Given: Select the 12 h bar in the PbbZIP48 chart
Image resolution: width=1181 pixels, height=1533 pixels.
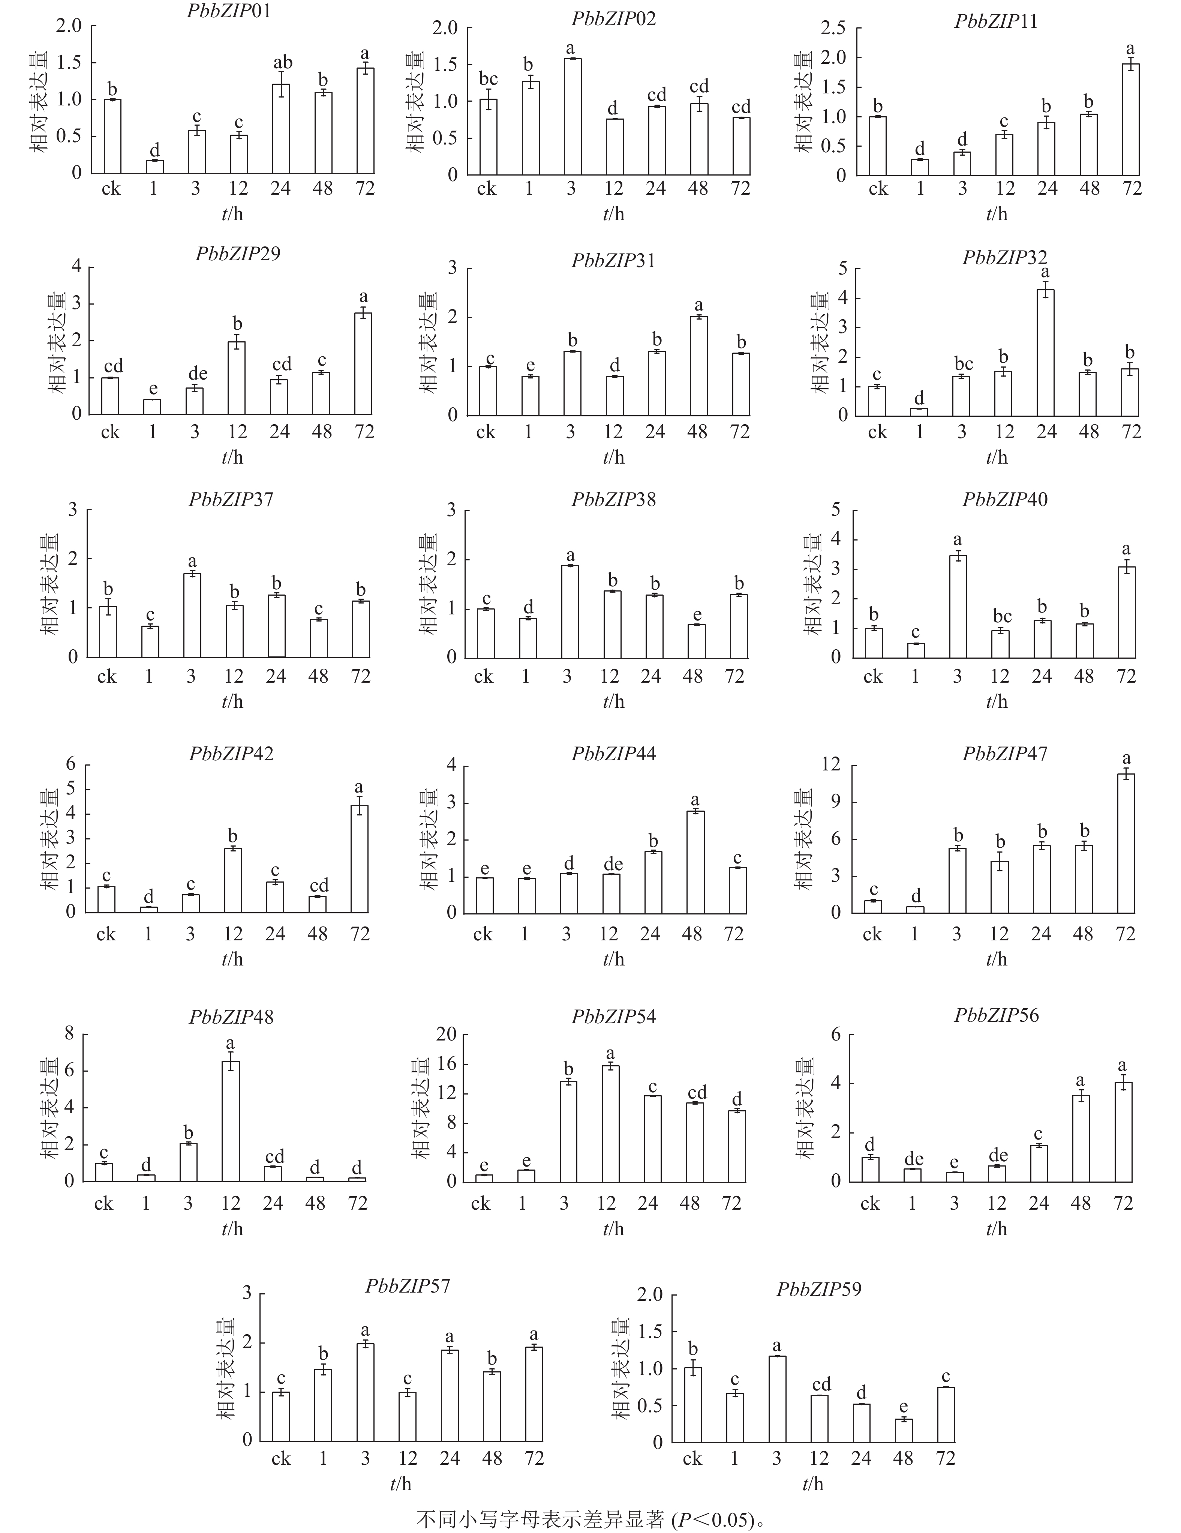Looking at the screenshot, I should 230,1121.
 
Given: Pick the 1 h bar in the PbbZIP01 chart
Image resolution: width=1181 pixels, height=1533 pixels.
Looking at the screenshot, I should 154,167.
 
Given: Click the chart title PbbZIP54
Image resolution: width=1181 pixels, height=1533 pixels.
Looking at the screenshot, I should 613,1017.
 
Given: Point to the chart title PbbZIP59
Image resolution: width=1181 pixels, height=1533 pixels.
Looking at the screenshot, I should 818,1290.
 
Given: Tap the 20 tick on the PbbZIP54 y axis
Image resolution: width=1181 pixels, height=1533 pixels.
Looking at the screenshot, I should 446,1034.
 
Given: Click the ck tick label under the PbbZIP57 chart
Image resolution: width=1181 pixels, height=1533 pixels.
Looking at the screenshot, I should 281,1459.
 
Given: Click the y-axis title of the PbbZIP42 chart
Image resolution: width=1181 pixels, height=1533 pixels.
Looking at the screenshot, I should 51,839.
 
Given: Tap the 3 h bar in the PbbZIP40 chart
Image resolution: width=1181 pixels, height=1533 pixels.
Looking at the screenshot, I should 958,607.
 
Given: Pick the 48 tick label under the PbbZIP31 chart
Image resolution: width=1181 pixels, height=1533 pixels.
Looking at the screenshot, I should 697,432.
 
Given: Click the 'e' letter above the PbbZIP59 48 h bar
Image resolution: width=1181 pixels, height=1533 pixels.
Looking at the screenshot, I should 903,1406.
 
